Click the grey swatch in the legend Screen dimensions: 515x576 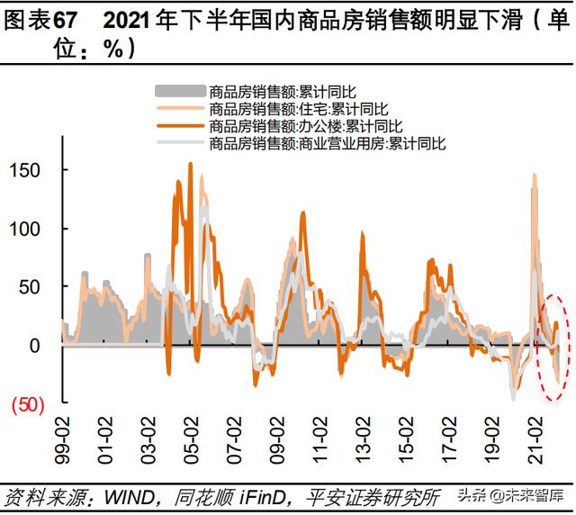pyautogui.click(x=180, y=91)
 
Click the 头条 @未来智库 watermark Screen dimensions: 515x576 pyautogui.click(x=513, y=496)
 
